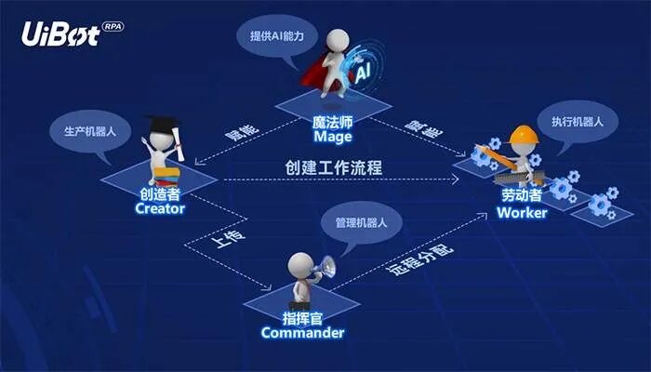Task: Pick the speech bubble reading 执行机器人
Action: tap(578, 122)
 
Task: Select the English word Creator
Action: tap(160, 208)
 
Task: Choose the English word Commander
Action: tap(302, 333)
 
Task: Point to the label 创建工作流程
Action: tap(334, 168)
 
